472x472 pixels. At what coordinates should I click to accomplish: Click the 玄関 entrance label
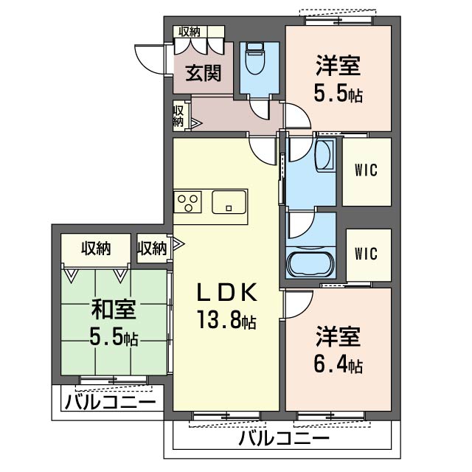[204, 73]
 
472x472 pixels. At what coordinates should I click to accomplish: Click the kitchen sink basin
[229, 201]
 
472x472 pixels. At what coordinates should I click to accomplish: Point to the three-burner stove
[187, 202]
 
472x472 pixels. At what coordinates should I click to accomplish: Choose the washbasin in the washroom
[324, 156]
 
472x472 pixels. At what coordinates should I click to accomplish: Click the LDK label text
[227, 292]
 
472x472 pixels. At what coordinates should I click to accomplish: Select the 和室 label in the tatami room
[114, 310]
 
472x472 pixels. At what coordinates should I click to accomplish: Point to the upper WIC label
[366, 170]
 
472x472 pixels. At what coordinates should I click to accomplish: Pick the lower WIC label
[366, 254]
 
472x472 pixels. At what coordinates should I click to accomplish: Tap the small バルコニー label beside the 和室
[110, 402]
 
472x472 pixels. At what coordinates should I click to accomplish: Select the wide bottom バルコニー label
[284, 439]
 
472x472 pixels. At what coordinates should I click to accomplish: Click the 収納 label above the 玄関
[190, 32]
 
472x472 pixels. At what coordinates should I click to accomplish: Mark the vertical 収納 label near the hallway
[178, 117]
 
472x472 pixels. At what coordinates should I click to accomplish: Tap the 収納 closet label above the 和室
[96, 249]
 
